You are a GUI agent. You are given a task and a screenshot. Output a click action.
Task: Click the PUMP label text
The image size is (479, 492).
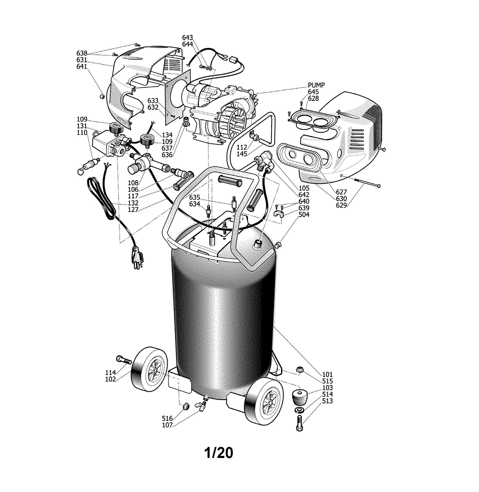click(316, 85)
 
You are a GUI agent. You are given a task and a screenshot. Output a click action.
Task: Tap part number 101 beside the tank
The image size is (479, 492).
click(327, 375)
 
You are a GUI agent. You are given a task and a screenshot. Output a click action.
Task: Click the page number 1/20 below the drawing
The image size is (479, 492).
click(219, 453)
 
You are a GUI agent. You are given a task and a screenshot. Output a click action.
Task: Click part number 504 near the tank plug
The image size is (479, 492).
click(304, 215)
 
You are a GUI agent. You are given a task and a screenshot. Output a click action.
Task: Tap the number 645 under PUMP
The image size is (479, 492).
click(313, 92)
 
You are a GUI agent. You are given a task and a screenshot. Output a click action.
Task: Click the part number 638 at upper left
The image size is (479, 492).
click(82, 53)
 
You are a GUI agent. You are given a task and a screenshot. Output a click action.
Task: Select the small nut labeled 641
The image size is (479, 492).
click(102, 97)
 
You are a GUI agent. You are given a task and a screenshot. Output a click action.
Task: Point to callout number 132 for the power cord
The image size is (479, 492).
click(133, 203)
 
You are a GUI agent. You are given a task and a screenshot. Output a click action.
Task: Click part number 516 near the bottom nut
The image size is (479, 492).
click(167, 418)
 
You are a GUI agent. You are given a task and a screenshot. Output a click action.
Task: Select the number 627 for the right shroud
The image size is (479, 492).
click(341, 192)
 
